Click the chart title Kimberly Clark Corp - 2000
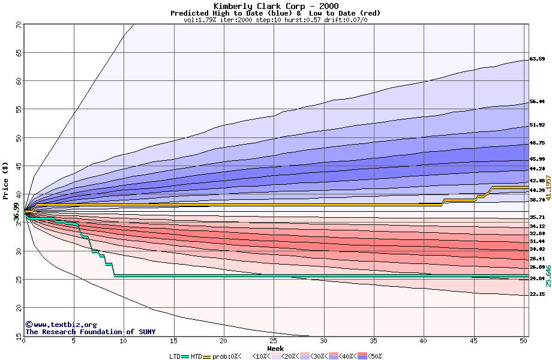(275, 5)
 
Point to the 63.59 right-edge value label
(537, 59)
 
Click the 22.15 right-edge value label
(537, 294)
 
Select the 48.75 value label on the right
(537, 143)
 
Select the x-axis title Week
(275, 348)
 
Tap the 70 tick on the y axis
(18, 25)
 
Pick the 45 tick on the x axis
(473, 341)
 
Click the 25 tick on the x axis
(274, 341)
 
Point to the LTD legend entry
(176, 356)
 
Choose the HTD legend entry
(196, 356)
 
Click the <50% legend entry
(373, 356)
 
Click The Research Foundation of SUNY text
(90, 331)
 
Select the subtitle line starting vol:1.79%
(275, 20)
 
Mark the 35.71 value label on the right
(537, 217)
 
